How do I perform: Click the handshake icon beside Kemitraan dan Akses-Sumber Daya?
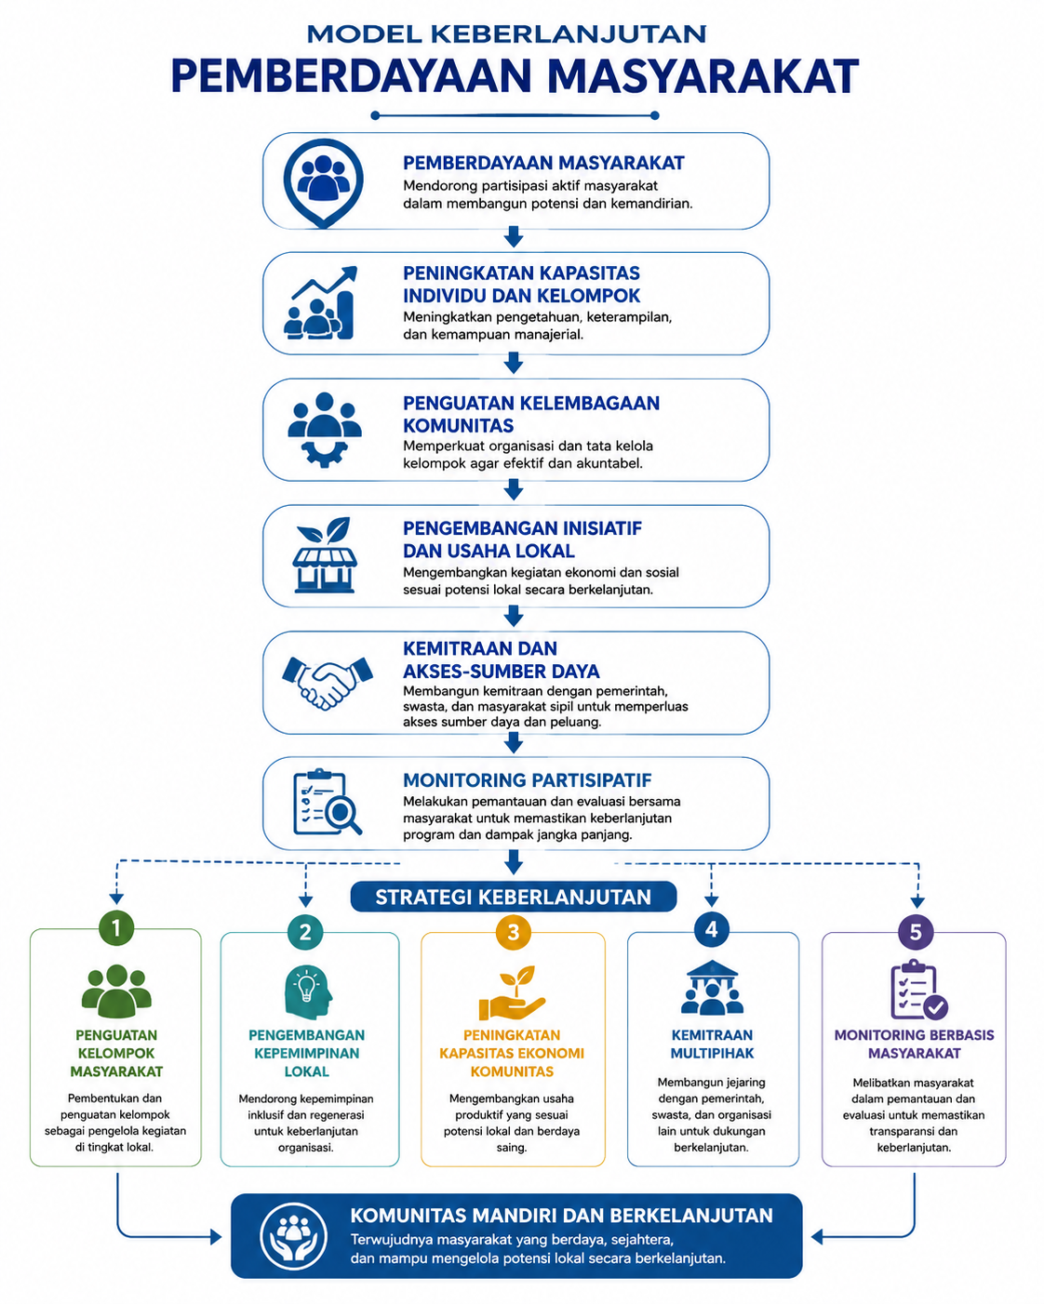(327, 683)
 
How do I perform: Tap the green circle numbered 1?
(116, 927)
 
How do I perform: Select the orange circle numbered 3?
(513, 932)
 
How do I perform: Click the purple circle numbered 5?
(916, 932)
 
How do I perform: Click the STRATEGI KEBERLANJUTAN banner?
(513, 897)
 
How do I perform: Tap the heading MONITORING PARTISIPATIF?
(527, 779)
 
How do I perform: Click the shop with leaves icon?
(325, 554)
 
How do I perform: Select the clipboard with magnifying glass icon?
(328, 802)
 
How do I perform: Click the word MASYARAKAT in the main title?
(703, 76)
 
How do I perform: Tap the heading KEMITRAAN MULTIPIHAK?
(712, 1045)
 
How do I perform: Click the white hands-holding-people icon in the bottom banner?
(293, 1236)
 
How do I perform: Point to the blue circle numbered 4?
(712, 929)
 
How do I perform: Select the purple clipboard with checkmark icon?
(918, 991)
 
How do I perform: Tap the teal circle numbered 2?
(305, 932)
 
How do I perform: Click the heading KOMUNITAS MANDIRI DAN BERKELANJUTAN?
(561, 1216)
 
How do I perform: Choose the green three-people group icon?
(116, 991)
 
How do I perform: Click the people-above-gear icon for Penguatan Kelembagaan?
(325, 430)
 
